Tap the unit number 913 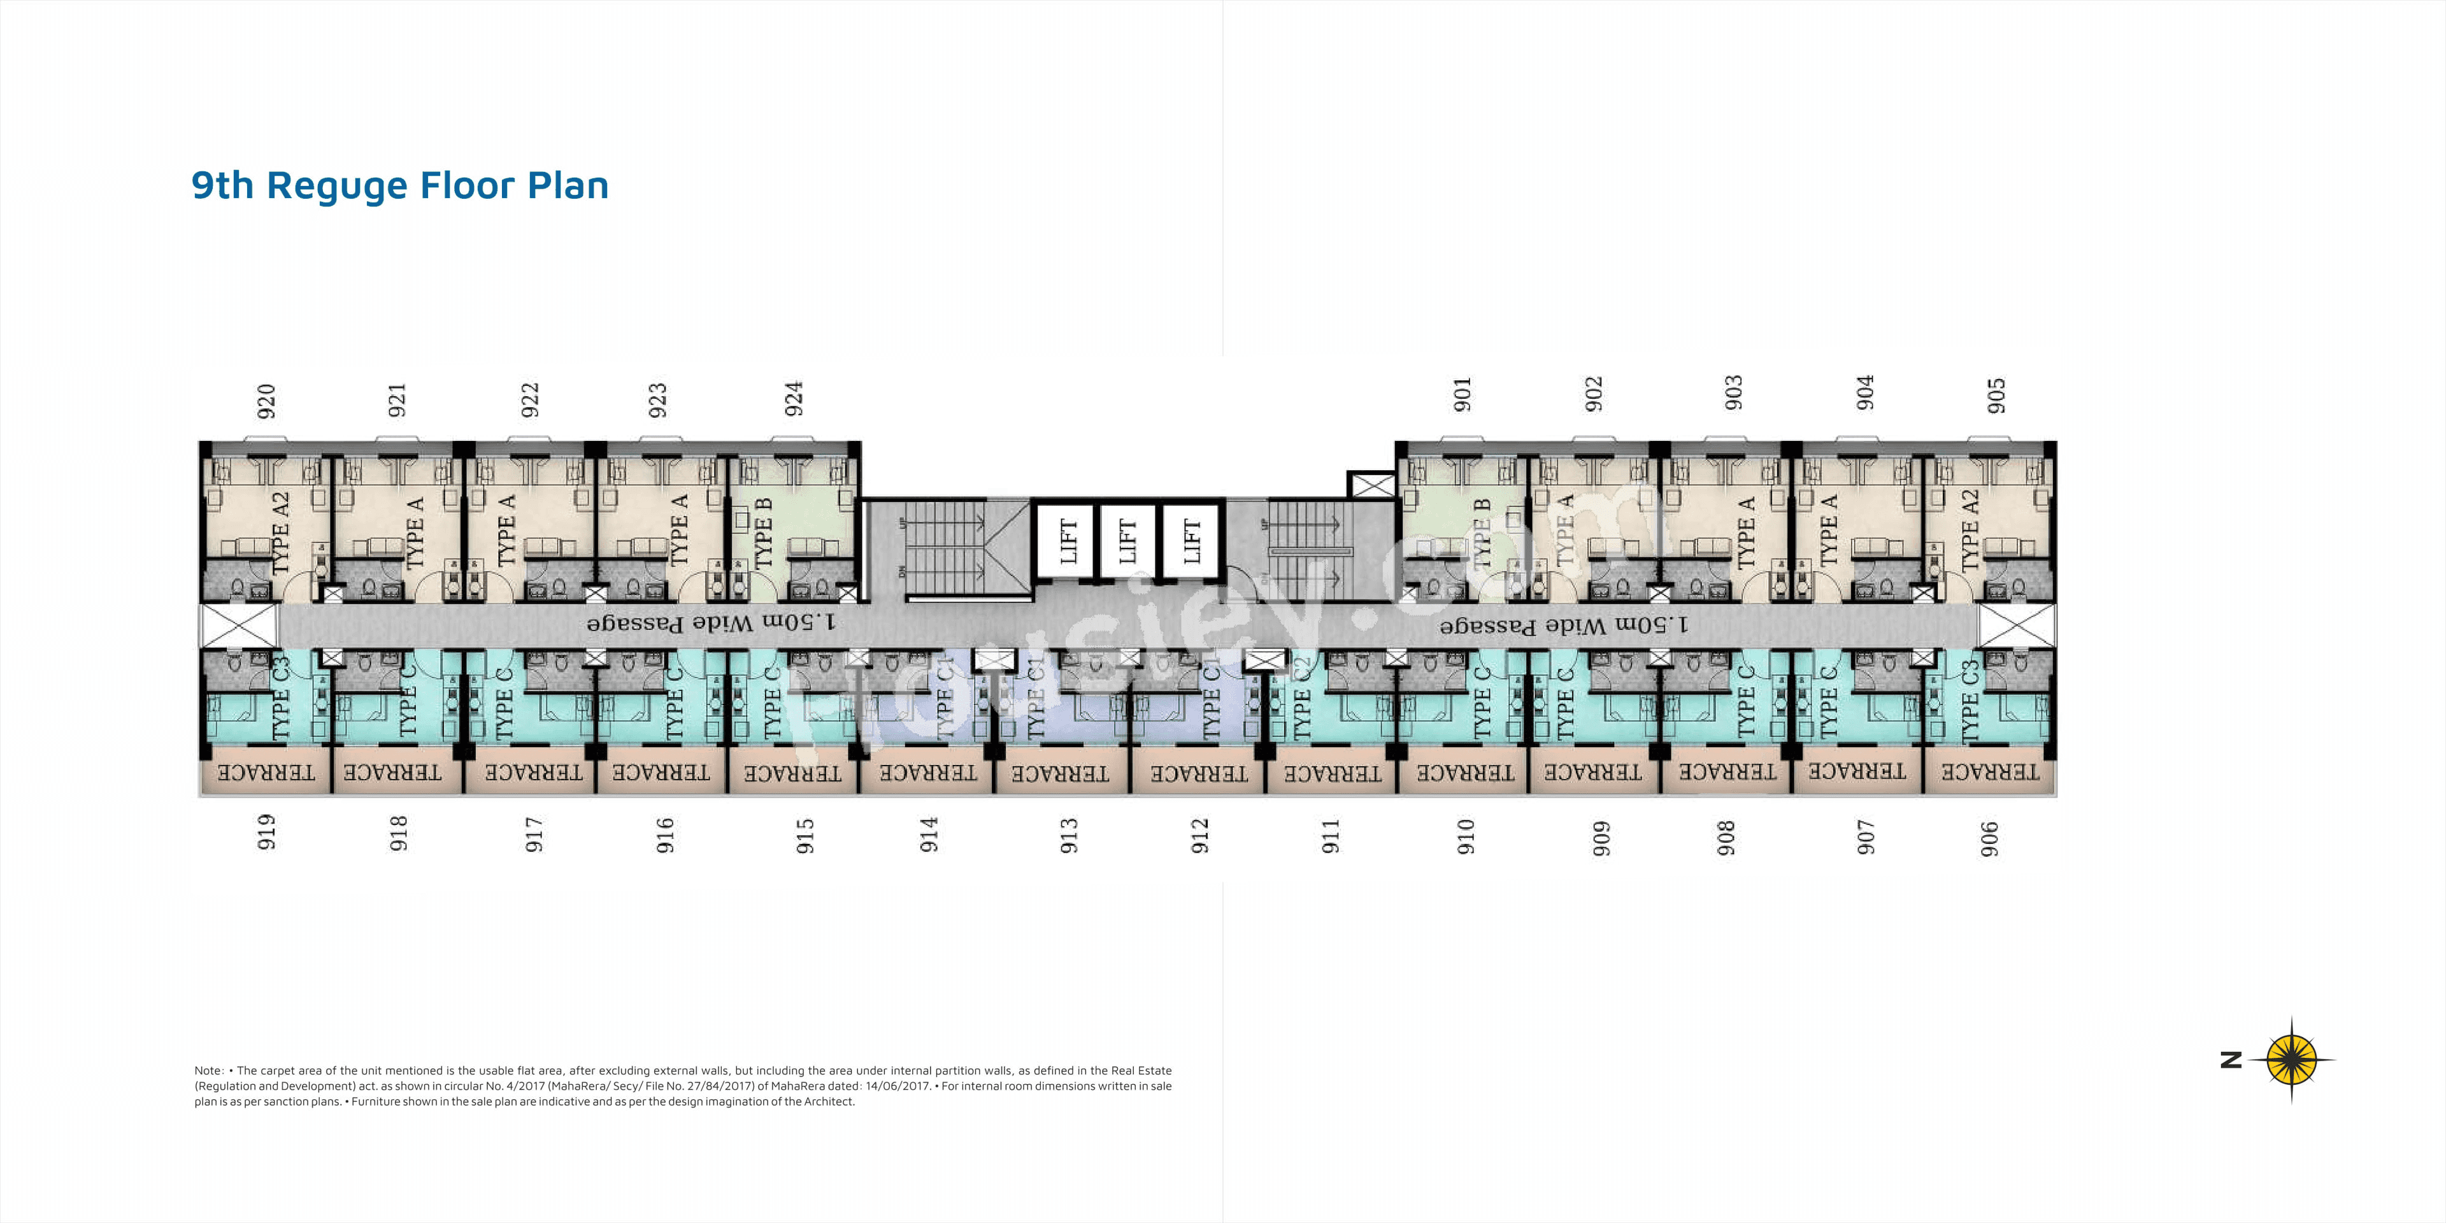pyautogui.click(x=1069, y=836)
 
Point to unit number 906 pyautogui.click(x=1989, y=838)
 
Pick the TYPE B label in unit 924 pyautogui.click(x=764, y=534)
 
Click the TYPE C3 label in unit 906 pyautogui.click(x=1970, y=701)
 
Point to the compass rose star pyautogui.click(x=2291, y=1059)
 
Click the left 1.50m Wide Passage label pyautogui.click(x=712, y=623)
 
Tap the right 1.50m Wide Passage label pyautogui.click(x=1563, y=625)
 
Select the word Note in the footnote pyautogui.click(x=208, y=1070)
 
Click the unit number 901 pyautogui.click(x=1463, y=394)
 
